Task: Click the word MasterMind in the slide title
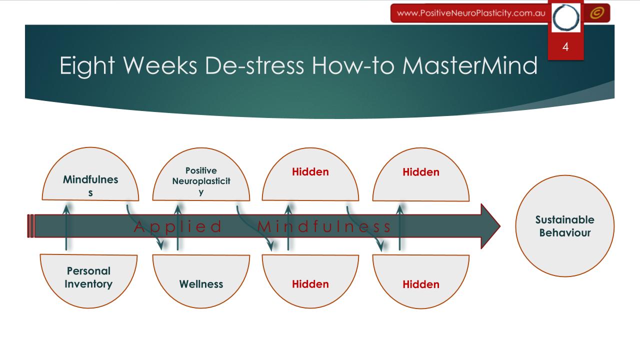click(x=469, y=65)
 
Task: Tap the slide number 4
click(x=565, y=47)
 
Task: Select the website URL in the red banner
click(x=471, y=13)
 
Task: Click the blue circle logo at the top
click(x=565, y=17)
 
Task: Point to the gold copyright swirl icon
click(x=597, y=13)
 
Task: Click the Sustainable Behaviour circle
click(x=565, y=226)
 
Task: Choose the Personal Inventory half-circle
click(x=88, y=281)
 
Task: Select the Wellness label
click(x=201, y=284)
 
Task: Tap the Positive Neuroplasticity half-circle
click(x=201, y=174)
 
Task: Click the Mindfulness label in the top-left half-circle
click(x=90, y=185)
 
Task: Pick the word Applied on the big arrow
click(x=177, y=226)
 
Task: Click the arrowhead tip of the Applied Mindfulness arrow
click(x=500, y=226)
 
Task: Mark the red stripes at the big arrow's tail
click(x=30, y=226)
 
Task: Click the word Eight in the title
click(x=87, y=66)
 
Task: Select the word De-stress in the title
click(x=254, y=65)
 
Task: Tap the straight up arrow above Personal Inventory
click(x=66, y=227)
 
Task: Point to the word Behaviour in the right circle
click(x=565, y=233)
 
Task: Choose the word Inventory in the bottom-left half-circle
click(x=88, y=284)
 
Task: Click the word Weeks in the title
click(x=160, y=65)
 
